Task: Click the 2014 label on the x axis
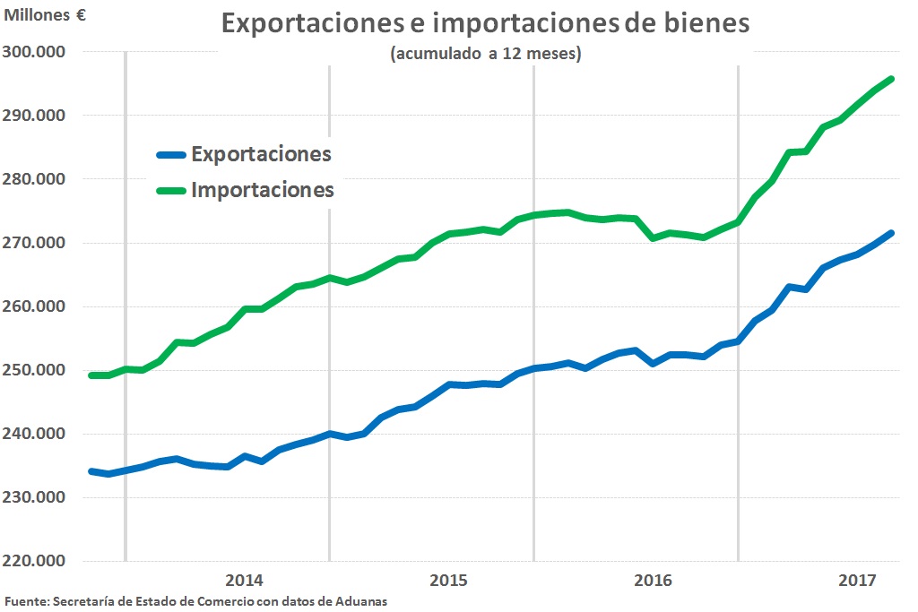tap(245, 580)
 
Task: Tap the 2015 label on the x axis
tap(448, 580)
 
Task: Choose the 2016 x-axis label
tap(653, 580)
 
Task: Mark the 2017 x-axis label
tap(857, 580)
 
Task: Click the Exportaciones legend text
tap(261, 154)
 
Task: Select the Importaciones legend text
tap(262, 190)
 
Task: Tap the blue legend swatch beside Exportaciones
tap(170, 154)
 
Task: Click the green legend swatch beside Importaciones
tap(170, 190)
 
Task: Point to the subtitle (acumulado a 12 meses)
tap(486, 55)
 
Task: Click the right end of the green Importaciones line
tap(891, 79)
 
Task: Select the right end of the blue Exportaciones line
tap(891, 233)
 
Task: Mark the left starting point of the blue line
tap(91, 471)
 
